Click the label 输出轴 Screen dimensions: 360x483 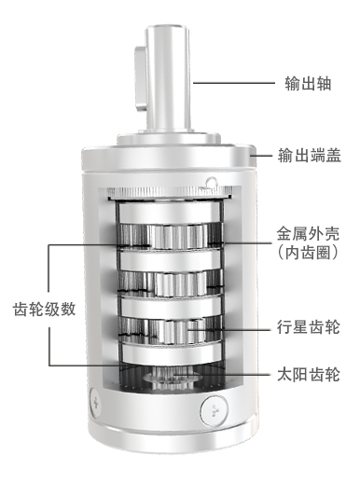tap(308, 83)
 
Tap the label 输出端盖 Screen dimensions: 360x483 tap(310, 155)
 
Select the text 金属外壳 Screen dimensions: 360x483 tap(308, 234)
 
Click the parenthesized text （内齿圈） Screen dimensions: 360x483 tap(308, 253)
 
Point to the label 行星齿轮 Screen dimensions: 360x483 tap(309, 326)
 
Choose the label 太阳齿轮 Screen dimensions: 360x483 tap(309, 374)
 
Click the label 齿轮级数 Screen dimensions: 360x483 tap(44, 309)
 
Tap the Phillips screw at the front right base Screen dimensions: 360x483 tap(215, 411)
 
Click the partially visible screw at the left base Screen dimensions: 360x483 tap(95, 404)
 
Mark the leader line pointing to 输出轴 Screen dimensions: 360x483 tap(234, 83)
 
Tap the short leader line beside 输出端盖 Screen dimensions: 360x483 tap(264, 155)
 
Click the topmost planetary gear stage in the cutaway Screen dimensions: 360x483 tap(171, 236)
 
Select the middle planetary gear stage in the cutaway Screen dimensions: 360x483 tap(171, 283)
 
